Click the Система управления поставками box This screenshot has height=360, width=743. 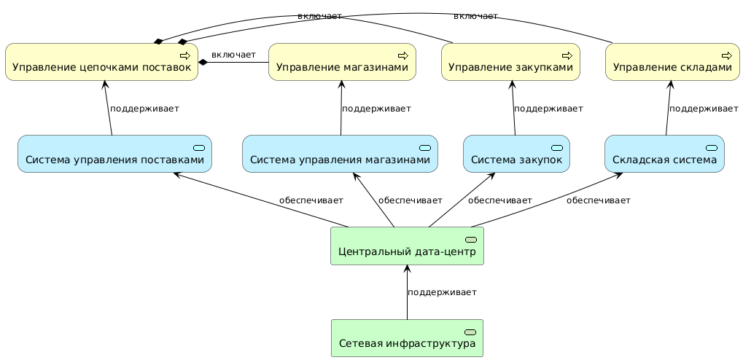tap(114, 154)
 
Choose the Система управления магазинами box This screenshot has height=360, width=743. tap(340, 154)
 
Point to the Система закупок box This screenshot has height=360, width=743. tap(516, 154)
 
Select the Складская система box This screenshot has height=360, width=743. tap(664, 154)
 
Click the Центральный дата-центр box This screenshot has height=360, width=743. tap(407, 246)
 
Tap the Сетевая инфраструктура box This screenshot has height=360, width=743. tap(407, 338)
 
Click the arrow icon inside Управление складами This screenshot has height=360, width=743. tap(726, 55)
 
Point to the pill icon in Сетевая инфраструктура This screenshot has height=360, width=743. tap(470, 332)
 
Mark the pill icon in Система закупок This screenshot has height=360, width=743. tap(557, 148)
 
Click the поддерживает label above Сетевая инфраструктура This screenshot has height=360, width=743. tap(442, 292)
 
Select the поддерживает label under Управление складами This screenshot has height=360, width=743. tap(704, 109)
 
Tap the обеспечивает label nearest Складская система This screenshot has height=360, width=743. tap(598, 200)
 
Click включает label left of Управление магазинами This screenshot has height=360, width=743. tap(233, 55)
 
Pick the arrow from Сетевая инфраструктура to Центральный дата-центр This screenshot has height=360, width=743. tap(407, 292)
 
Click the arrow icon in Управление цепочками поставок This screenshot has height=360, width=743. tap(184, 55)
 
